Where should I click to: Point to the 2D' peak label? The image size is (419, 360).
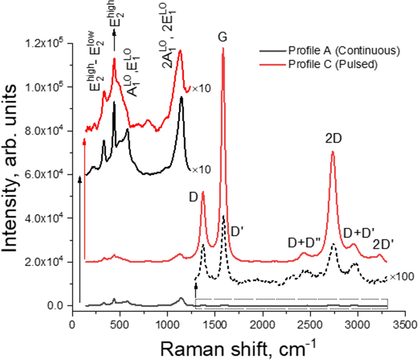[x=383, y=244]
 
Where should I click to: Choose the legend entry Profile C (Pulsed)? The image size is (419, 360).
[x=332, y=64]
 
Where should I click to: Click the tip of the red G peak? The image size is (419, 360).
[x=223, y=48]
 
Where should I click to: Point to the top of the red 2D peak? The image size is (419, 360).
[x=332, y=152]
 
